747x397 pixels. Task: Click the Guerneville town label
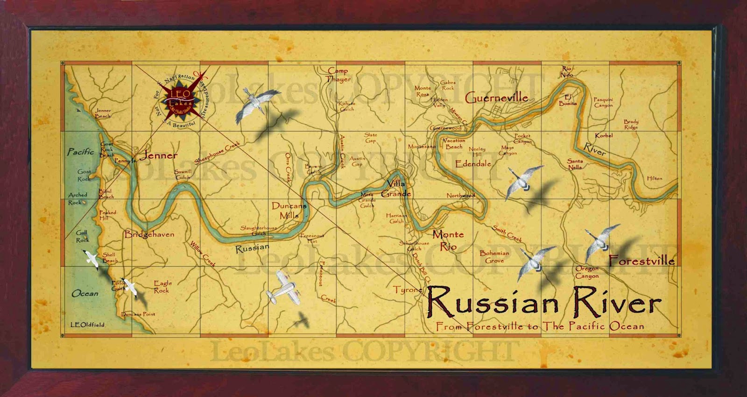pyautogui.click(x=496, y=98)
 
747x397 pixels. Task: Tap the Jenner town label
pyautogui.click(x=159, y=156)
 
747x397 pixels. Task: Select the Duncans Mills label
pyautogui.click(x=289, y=211)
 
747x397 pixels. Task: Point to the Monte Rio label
pyautogui.click(x=448, y=240)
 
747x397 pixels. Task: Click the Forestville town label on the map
pyautogui.click(x=642, y=261)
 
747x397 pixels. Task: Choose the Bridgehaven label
pyautogui.click(x=149, y=234)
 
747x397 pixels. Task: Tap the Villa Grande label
pyautogui.click(x=396, y=189)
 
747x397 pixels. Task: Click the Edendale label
pyautogui.click(x=473, y=164)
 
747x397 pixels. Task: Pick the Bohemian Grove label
pyautogui.click(x=494, y=257)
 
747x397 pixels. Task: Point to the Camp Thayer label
pyautogui.click(x=338, y=75)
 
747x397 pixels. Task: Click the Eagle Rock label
pyautogui.click(x=162, y=286)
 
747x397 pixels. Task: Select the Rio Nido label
pyautogui.click(x=566, y=71)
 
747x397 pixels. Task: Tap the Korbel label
pyautogui.click(x=604, y=135)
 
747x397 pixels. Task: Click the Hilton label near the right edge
pyautogui.click(x=655, y=178)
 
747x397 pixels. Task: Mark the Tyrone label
pyautogui.click(x=408, y=290)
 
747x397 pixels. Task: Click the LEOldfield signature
pyautogui.click(x=87, y=325)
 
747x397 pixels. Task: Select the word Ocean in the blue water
pyautogui.click(x=85, y=293)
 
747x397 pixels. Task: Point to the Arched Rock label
pyautogui.click(x=77, y=198)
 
